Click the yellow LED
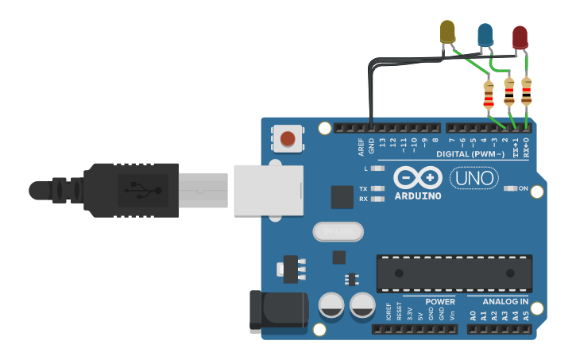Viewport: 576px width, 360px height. [x=447, y=32]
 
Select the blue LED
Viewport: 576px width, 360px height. [x=485, y=34]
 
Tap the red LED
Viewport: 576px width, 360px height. [x=520, y=37]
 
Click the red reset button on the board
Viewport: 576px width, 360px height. [x=288, y=140]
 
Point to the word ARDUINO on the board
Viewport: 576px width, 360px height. [x=418, y=195]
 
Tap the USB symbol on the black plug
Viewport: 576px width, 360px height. [x=142, y=190]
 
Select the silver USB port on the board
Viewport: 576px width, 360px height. [x=269, y=189]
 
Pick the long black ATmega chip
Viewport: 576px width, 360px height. [x=454, y=273]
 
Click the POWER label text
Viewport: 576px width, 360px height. [x=439, y=302]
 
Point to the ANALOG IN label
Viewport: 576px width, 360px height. [x=505, y=302]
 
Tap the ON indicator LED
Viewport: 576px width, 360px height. [x=511, y=188]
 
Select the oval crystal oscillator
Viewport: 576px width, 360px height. [x=337, y=231]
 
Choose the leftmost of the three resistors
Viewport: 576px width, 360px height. [x=489, y=95]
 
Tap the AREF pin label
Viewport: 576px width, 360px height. [x=361, y=145]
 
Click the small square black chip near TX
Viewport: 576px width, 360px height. [x=342, y=196]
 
